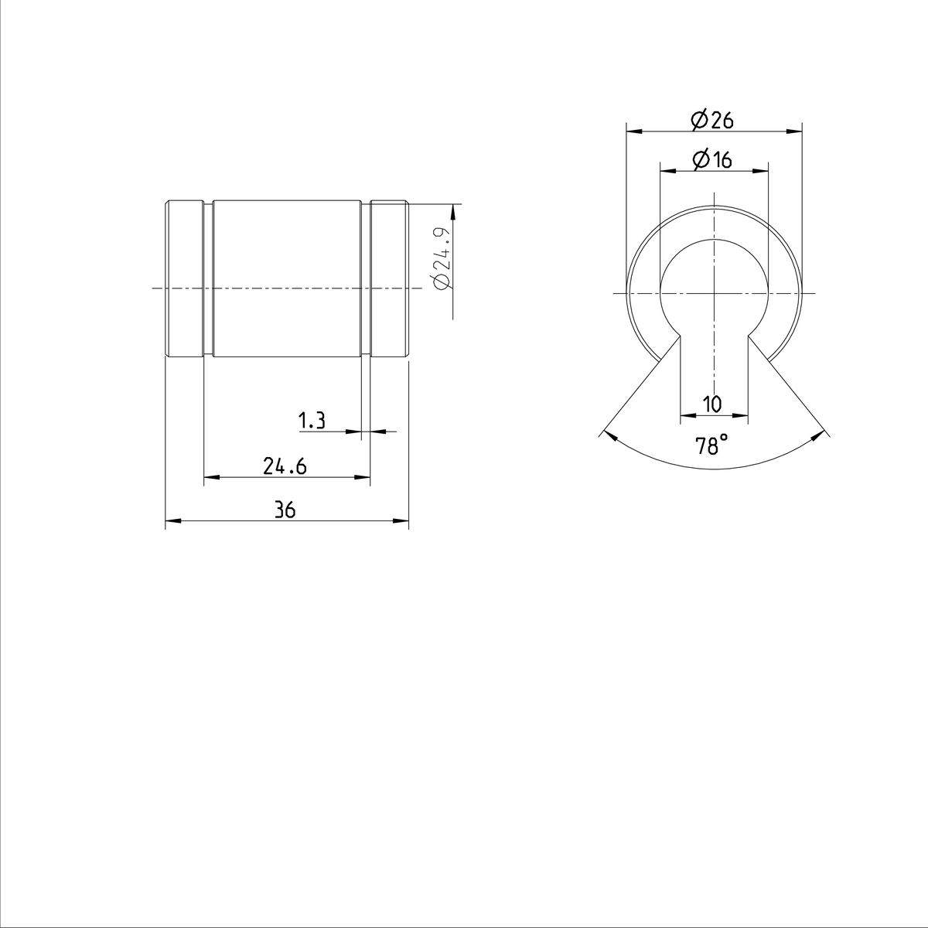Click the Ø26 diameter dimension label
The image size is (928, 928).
[x=712, y=121]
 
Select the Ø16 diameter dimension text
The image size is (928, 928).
[x=712, y=160]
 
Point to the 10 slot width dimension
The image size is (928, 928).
[x=712, y=404]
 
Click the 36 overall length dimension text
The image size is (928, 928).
[x=285, y=510]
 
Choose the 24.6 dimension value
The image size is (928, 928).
[x=285, y=466]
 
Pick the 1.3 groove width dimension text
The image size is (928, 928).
[x=312, y=421]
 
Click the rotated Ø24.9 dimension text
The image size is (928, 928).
[x=442, y=258]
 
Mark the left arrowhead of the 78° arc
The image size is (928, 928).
[x=609, y=435]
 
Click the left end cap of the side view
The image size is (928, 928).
[x=185, y=279]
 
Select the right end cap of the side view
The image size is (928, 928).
[x=389, y=279]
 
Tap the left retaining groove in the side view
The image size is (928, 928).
[x=208, y=279]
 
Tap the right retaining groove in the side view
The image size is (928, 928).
[x=366, y=279]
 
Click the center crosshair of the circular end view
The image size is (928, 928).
[x=713, y=293]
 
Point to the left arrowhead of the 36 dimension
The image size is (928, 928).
[x=171, y=522]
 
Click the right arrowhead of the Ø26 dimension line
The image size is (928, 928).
[x=797, y=131]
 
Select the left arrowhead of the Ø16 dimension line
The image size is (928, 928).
[x=664, y=171]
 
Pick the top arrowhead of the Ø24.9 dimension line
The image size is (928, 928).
[x=453, y=210]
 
